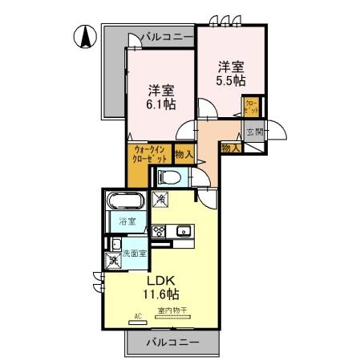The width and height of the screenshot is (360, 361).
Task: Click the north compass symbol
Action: tap(85, 36)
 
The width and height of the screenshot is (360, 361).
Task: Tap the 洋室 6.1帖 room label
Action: tap(160, 97)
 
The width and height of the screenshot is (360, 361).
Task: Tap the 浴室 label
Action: tap(127, 222)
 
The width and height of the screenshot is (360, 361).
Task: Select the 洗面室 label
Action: tap(134, 253)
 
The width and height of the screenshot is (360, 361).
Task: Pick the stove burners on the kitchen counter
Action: tap(160, 232)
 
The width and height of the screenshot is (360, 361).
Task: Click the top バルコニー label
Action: tap(167, 37)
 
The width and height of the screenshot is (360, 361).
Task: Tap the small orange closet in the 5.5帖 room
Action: tap(251, 107)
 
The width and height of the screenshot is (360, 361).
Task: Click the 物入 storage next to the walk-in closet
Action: tap(184, 152)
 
